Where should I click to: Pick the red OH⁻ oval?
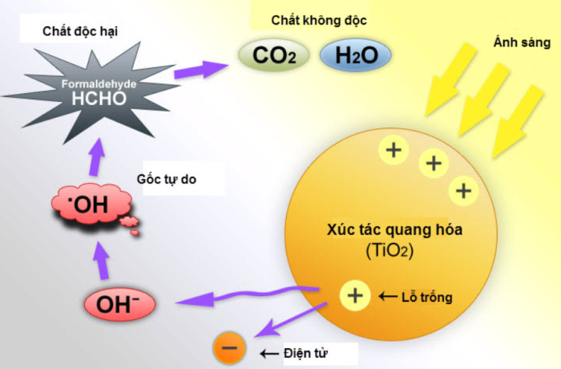[x=119, y=304]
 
